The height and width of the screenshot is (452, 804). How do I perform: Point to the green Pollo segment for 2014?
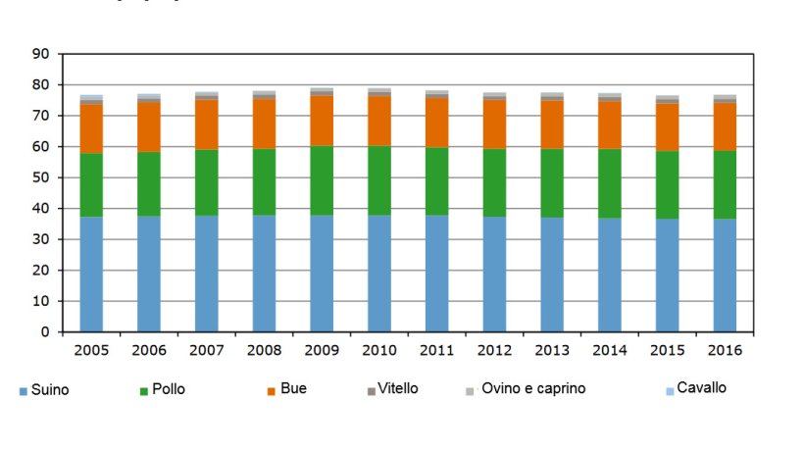[610, 183]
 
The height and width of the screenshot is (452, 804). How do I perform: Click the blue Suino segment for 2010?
[379, 274]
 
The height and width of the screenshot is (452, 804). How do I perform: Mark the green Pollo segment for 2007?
[206, 182]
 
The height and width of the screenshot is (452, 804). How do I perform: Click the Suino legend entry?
[44, 390]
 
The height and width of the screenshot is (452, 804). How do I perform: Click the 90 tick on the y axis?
[41, 54]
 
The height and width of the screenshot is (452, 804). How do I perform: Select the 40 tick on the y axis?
[41, 209]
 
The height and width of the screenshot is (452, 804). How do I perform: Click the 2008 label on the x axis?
[265, 349]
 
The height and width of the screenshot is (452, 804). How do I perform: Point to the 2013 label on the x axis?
[552, 349]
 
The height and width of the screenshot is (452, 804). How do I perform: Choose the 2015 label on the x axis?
[667, 349]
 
